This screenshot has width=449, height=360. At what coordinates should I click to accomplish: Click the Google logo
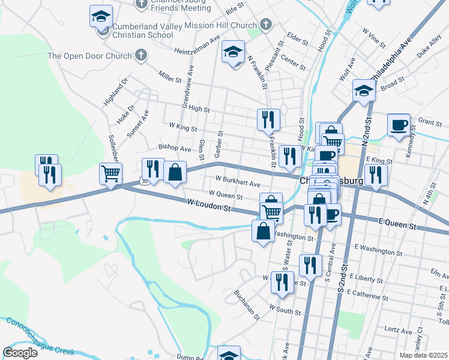point(20,353)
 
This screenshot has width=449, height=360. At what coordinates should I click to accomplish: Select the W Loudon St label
point(209,206)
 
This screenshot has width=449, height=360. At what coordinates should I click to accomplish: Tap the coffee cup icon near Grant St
point(399,125)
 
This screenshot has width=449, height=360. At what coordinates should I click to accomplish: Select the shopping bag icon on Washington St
point(264,230)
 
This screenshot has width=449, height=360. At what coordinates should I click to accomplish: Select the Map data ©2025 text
point(423,355)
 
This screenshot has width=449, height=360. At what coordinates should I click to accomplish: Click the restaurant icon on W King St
point(268,119)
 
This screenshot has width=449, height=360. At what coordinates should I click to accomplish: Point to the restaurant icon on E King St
point(376,175)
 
